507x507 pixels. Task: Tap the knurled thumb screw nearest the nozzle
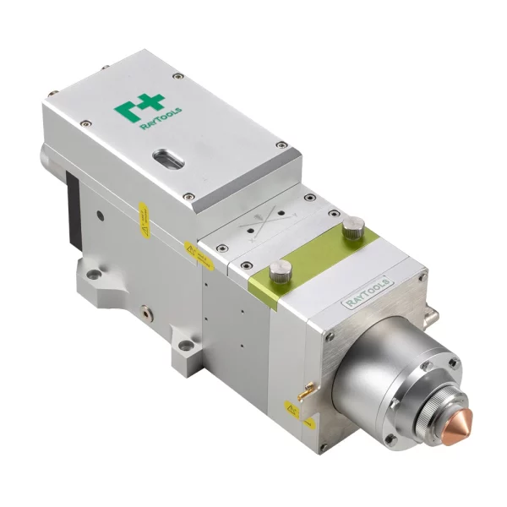click(352, 227)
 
